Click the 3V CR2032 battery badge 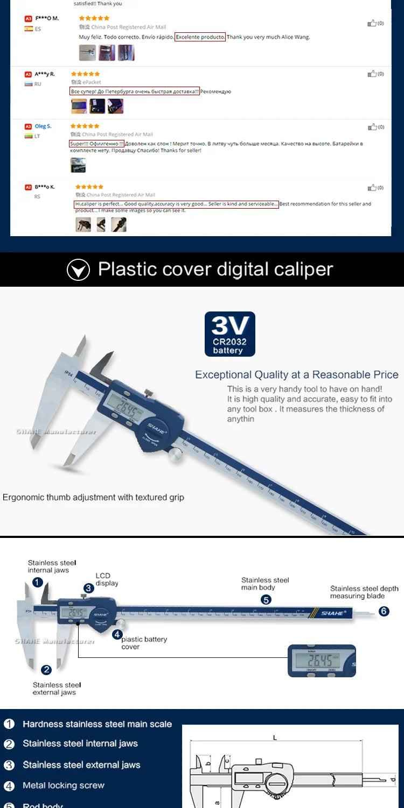click(x=229, y=334)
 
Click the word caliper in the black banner click(x=302, y=269)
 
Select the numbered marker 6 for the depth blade click(x=384, y=611)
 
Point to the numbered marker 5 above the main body click(x=266, y=599)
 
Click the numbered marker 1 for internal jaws click(x=37, y=582)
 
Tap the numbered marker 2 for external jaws click(x=46, y=670)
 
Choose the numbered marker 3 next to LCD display click(x=88, y=589)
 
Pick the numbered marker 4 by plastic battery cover click(x=117, y=634)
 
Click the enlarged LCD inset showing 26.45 click(x=322, y=661)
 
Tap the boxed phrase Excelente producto click(x=200, y=38)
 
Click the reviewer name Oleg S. click(x=43, y=126)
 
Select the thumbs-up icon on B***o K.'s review click(x=372, y=188)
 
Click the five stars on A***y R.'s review click(x=85, y=74)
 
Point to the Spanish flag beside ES click(x=29, y=29)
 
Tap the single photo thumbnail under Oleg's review click(x=78, y=165)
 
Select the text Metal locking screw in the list click(x=64, y=785)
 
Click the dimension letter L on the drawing click(x=275, y=738)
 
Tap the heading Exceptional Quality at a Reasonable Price click(x=297, y=375)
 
